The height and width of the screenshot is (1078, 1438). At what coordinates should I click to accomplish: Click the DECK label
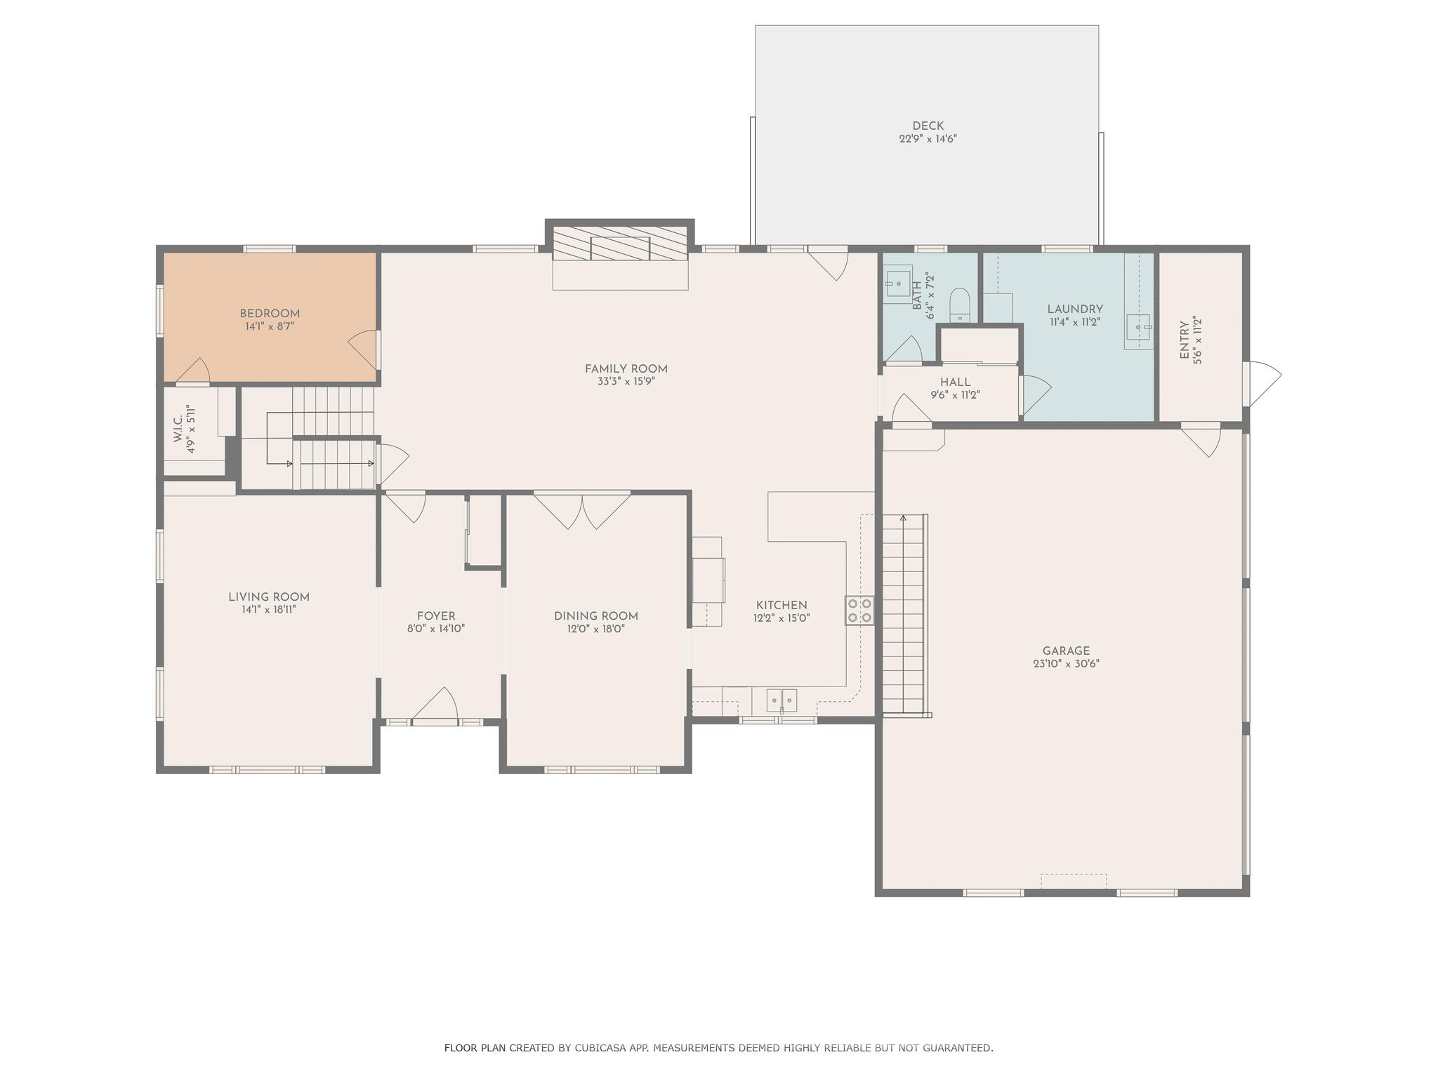coord(928,126)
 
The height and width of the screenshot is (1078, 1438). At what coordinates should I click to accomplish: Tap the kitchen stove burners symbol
coord(859,611)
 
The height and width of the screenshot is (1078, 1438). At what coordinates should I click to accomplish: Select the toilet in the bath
coord(959,305)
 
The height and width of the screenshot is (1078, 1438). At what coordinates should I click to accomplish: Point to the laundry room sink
coord(1138,327)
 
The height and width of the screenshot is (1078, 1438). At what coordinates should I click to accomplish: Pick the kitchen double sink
coord(781,700)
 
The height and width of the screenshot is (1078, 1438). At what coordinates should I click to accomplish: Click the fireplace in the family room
coord(620,249)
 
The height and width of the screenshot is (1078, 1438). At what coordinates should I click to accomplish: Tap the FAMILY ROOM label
coord(626,369)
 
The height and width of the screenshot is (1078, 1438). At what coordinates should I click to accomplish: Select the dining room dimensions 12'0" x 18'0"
coord(596,630)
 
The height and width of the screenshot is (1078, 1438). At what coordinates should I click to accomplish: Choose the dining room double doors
coord(582,510)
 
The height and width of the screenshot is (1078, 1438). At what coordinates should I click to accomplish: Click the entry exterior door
coord(1262,383)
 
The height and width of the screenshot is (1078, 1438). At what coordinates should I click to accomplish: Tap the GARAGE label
coord(1066,651)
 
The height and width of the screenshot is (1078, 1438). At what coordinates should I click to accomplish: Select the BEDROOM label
coord(270,314)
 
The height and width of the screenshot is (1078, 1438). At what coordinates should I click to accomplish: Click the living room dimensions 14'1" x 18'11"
coord(269,611)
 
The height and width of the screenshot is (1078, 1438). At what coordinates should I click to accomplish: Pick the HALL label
coord(955,382)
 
